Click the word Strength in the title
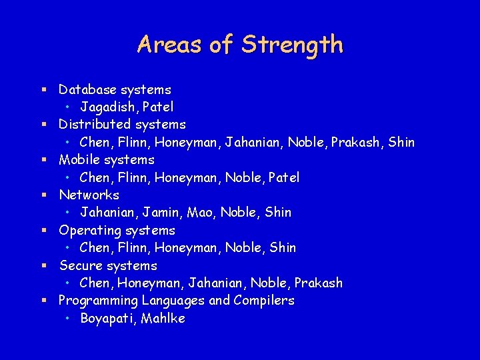click(292, 45)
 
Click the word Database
click(87, 89)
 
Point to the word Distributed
click(95, 124)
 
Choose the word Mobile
click(78, 159)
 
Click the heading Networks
click(89, 195)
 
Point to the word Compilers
click(264, 300)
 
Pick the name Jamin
click(165, 212)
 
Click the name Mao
click(201, 212)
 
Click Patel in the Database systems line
click(158, 107)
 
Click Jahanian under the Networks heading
click(109, 212)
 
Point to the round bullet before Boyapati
click(69, 319)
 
